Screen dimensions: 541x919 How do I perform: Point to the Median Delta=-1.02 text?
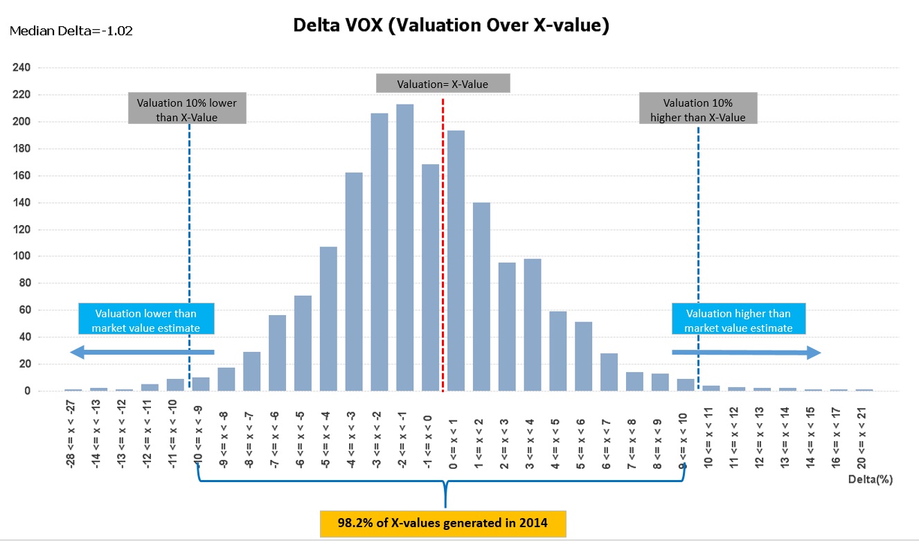(71, 30)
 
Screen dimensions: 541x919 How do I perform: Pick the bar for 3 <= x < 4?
(533, 325)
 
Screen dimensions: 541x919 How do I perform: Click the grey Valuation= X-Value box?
(443, 84)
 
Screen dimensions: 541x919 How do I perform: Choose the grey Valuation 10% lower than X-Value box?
(186, 110)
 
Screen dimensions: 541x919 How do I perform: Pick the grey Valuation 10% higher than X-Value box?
(697, 110)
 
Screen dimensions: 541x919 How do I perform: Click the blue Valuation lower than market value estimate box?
(145, 321)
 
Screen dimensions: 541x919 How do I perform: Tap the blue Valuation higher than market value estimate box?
(738, 321)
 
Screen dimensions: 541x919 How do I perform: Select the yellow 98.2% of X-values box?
(443, 523)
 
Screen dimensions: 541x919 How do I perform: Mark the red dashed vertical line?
(443, 242)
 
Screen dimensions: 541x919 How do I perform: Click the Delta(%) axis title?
(868, 479)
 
